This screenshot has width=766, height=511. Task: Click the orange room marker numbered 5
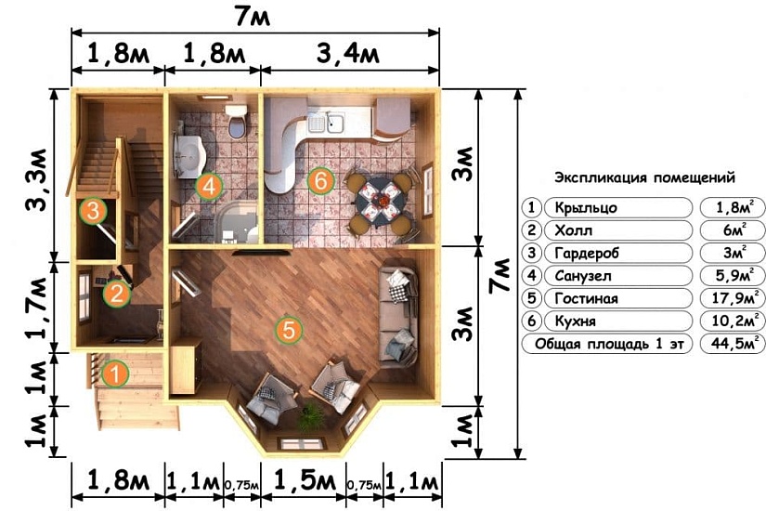click(289, 330)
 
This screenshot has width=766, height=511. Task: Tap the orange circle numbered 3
click(93, 211)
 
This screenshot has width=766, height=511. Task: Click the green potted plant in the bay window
click(311, 416)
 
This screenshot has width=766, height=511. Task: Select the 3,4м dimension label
click(348, 53)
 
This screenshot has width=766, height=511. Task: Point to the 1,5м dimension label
click(305, 481)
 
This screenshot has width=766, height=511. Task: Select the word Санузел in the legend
click(583, 276)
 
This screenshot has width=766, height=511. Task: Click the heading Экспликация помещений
click(644, 177)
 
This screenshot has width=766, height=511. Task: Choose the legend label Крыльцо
click(586, 208)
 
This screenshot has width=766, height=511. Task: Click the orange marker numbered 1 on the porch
click(115, 374)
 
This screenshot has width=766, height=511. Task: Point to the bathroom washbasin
click(190, 155)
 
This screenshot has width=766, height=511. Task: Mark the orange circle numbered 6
click(320, 181)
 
